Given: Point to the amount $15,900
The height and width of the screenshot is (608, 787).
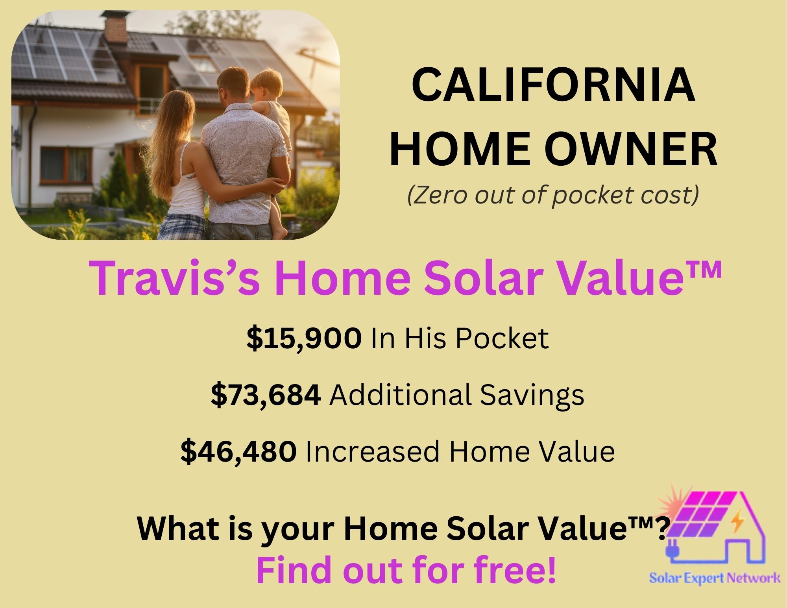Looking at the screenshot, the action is coord(304,338).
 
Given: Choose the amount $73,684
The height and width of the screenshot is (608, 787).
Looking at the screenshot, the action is coord(266,395).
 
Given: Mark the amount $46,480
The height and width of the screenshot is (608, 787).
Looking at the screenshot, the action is coord(238,451).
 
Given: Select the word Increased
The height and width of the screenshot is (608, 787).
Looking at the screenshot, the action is coord(372,452).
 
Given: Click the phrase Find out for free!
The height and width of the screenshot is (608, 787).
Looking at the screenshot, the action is coord(406,571).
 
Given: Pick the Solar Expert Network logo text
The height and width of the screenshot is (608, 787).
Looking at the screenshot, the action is coord(715,578).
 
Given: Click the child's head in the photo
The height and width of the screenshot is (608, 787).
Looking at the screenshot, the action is coord(267,85).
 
